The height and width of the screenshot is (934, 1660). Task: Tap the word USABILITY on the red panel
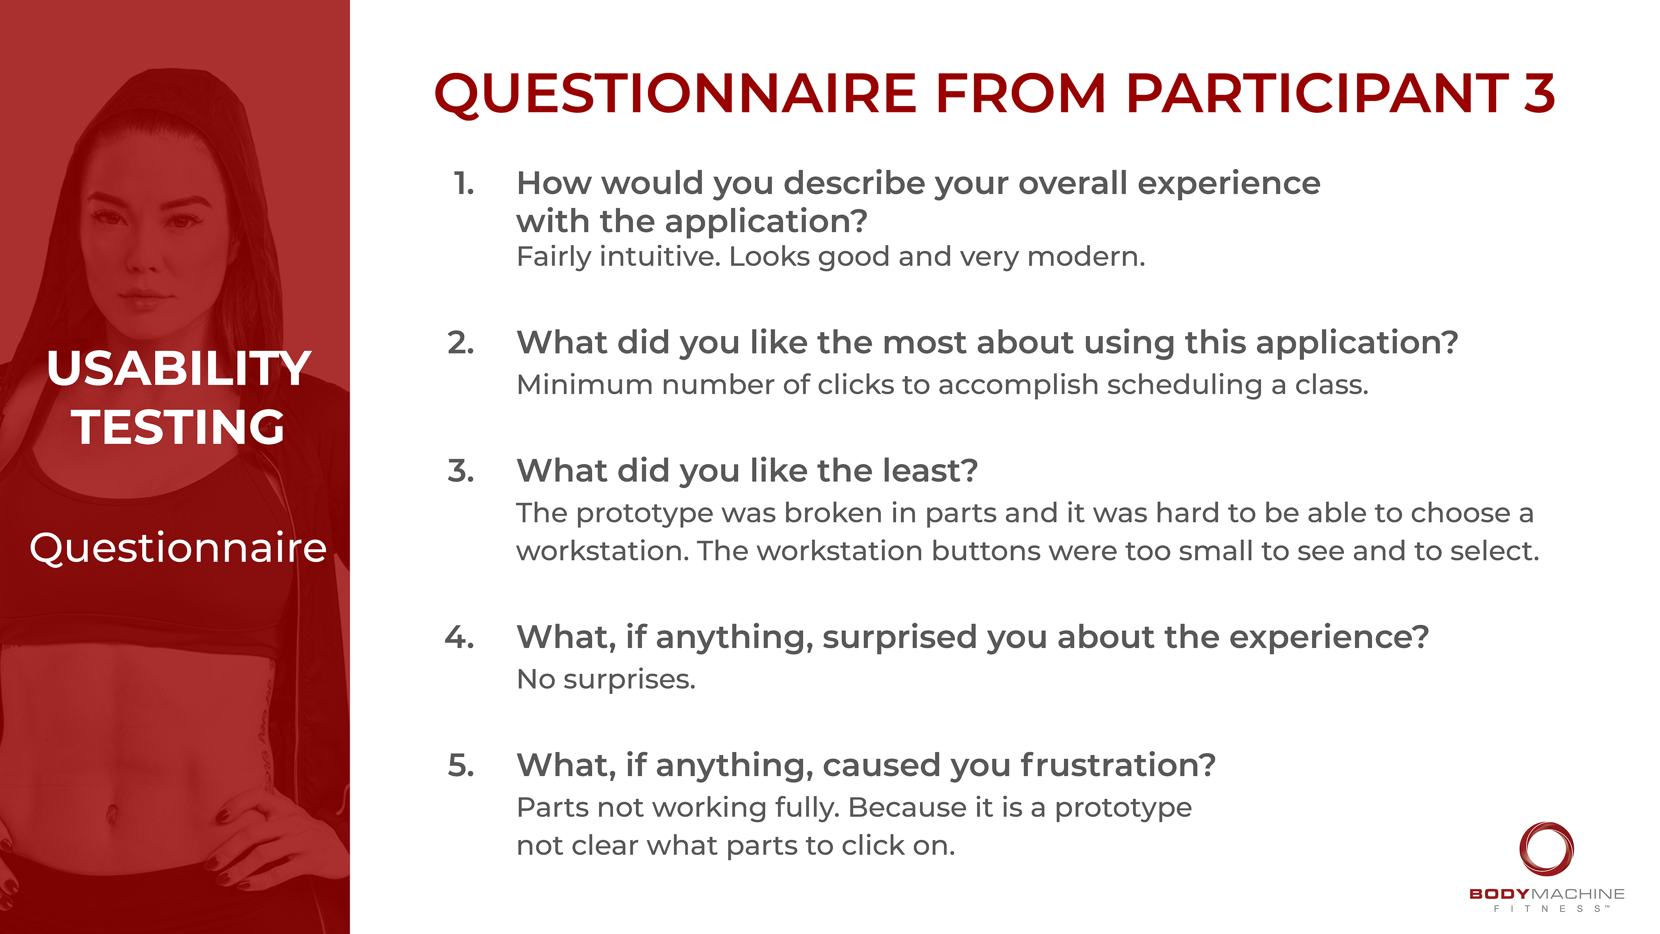(x=179, y=369)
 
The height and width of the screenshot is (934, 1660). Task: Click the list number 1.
(x=464, y=184)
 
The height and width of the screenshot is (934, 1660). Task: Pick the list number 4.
(x=460, y=637)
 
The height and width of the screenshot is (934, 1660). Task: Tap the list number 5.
(x=461, y=765)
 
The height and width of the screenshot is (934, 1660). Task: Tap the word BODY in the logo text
(x=1499, y=894)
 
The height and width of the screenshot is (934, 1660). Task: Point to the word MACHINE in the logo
(x=1577, y=894)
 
